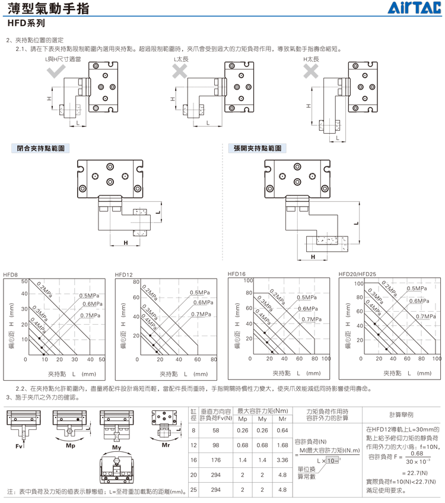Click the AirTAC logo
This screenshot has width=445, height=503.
point(414,8)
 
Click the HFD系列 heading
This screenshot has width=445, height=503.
point(26,23)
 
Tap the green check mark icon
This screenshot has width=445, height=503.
point(56,71)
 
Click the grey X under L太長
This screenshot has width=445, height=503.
point(180,71)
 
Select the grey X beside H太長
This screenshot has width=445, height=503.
point(311,71)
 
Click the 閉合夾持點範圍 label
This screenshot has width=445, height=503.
point(41,148)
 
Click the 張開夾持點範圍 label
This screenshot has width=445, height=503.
point(258,148)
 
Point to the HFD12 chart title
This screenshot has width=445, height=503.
point(124,274)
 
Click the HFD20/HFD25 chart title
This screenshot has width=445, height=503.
point(357,274)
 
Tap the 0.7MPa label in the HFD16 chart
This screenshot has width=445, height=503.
point(311,319)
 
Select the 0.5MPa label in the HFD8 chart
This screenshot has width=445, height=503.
point(89,296)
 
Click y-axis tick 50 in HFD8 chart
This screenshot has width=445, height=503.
point(24,281)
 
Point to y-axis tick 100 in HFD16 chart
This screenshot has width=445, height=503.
point(248,280)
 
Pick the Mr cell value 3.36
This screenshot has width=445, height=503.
point(282,460)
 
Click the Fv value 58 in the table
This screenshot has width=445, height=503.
point(216,431)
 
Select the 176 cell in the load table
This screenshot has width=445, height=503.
point(216,460)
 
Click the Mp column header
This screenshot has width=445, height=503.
point(243,419)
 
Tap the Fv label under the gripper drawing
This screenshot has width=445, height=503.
point(19,446)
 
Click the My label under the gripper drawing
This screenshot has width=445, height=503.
point(116,448)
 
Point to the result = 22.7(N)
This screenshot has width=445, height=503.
point(415,473)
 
